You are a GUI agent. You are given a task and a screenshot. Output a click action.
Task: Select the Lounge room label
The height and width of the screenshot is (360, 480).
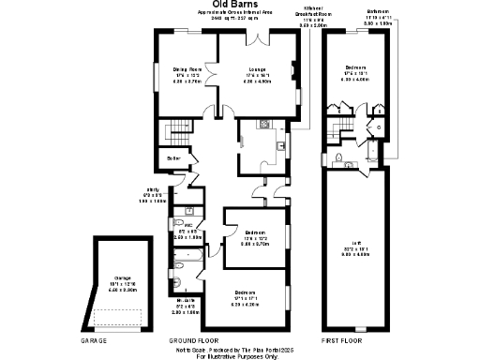256,69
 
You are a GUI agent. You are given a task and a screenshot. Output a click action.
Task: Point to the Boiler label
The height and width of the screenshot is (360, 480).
172,158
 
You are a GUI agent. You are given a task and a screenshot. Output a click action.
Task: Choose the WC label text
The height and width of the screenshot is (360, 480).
188,226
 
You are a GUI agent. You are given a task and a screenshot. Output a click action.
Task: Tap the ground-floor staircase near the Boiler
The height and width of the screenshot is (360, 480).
175,132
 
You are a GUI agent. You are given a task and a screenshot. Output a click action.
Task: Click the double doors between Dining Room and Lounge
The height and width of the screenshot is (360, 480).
217,75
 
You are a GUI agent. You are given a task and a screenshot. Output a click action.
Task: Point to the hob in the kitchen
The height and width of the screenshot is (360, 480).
281,146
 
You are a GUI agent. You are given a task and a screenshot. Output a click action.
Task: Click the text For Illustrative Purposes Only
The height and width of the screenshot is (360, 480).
238,356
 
